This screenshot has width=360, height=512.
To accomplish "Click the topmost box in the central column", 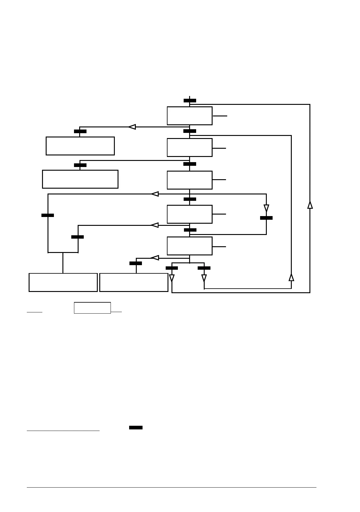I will tap(189, 116).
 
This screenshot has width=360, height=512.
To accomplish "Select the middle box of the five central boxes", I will tap(189, 180).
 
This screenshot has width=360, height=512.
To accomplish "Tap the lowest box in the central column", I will tap(189, 246).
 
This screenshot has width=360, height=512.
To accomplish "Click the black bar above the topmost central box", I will tap(190, 101).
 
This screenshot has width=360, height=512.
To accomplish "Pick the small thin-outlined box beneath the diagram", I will tap(92, 308).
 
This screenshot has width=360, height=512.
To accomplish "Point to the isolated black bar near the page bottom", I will tap(136, 428).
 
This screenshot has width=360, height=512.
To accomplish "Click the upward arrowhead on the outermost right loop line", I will tap(310, 205).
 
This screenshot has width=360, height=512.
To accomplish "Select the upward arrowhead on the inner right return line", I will tap(291, 277).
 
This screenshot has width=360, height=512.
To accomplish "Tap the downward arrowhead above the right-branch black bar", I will tap(266, 208).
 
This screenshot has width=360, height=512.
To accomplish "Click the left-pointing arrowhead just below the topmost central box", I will tap(132, 127).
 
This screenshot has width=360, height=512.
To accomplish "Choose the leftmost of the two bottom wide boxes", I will tap(63, 282).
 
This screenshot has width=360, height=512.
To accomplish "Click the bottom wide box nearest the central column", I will tap(134, 282).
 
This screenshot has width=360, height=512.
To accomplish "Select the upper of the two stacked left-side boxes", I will tap(80, 146).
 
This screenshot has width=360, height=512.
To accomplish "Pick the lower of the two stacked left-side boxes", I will tap(80, 179).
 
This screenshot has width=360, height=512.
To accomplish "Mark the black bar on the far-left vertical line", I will tap(48, 215).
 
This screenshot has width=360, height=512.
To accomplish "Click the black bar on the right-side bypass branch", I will tap(266, 218).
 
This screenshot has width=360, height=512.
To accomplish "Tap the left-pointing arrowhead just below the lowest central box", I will tap(155, 258).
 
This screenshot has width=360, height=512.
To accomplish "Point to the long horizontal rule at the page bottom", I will tap(171, 488).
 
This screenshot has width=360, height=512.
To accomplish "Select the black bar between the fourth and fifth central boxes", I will tap(190, 230).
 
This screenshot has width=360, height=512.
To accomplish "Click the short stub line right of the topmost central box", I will tap(220, 116).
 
